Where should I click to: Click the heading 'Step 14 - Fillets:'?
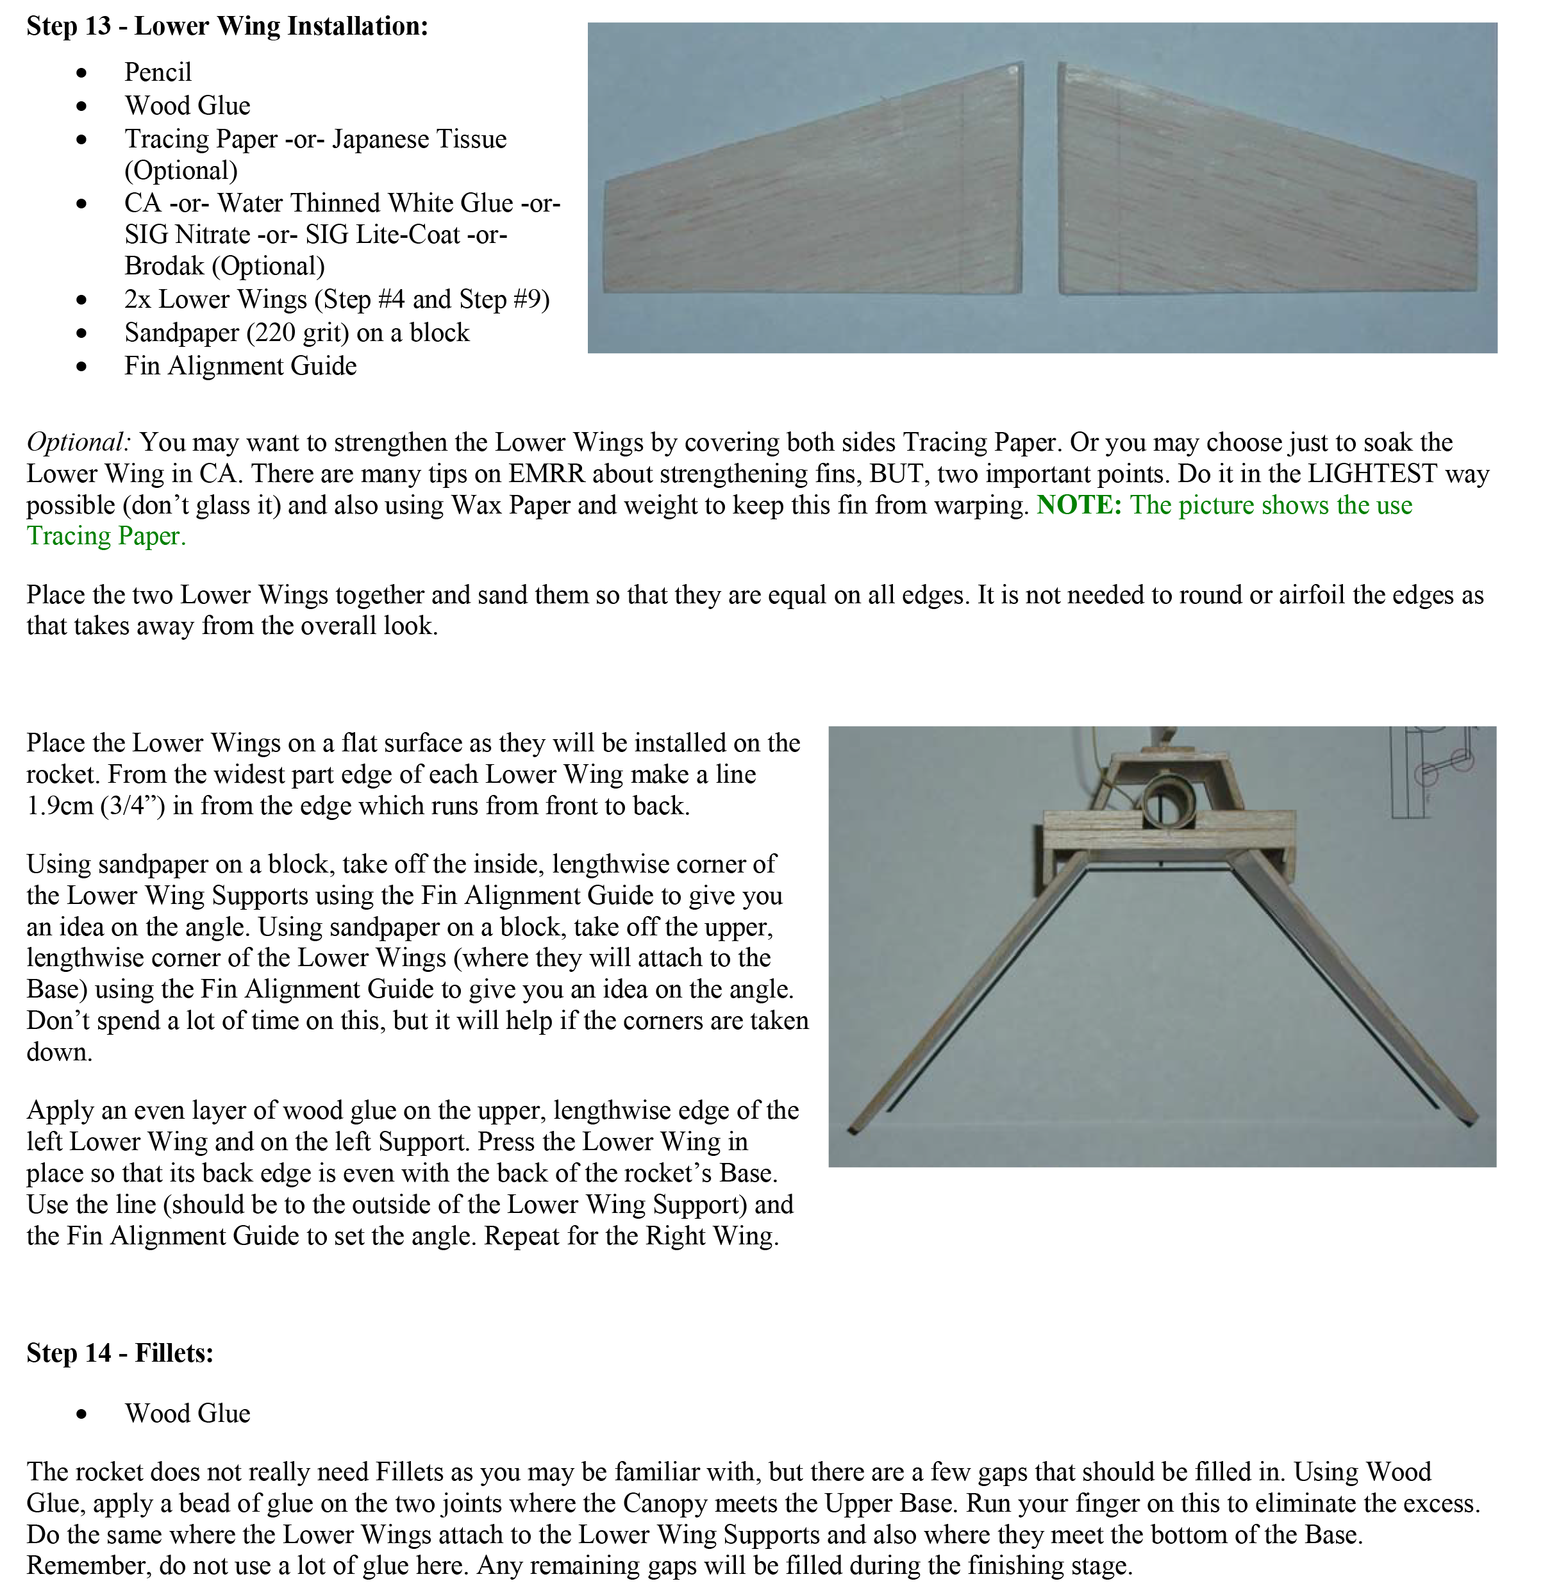[120, 1353]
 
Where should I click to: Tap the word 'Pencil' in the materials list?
[158, 72]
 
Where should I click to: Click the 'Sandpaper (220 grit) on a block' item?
[297, 332]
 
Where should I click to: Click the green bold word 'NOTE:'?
[1079, 505]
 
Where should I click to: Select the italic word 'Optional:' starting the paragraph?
[78, 442]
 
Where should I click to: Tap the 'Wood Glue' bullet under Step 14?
[187, 1413]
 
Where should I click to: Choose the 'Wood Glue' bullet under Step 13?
[187, 105]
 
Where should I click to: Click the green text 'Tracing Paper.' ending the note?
[106, 536]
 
